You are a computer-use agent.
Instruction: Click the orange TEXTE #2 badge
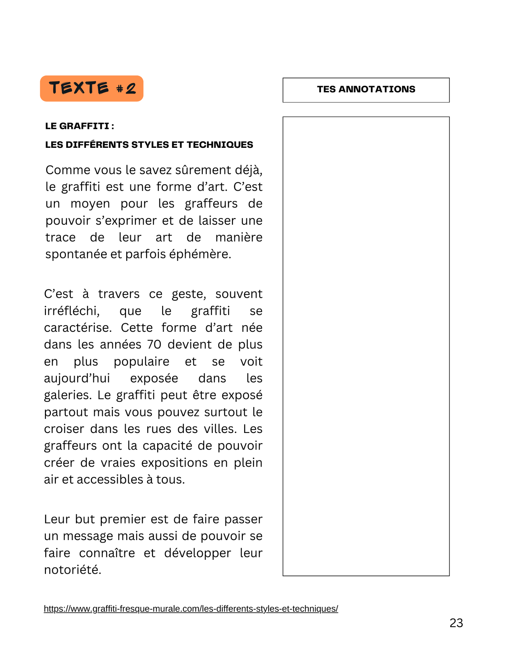point(92,88)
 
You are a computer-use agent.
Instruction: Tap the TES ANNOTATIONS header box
point(366,90)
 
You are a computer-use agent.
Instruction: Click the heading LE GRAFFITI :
point(80,126)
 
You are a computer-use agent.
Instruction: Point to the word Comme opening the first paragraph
point(63,170)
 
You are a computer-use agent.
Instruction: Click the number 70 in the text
point(154,344)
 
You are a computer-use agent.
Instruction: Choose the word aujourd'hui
point(77,378)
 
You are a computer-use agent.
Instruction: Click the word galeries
point(67,395)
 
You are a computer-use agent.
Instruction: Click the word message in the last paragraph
point(88,536)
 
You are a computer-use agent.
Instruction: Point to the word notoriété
point(72,570)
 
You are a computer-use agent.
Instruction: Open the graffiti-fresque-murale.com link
point(191,609)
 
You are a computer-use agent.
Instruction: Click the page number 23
point(456,623)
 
